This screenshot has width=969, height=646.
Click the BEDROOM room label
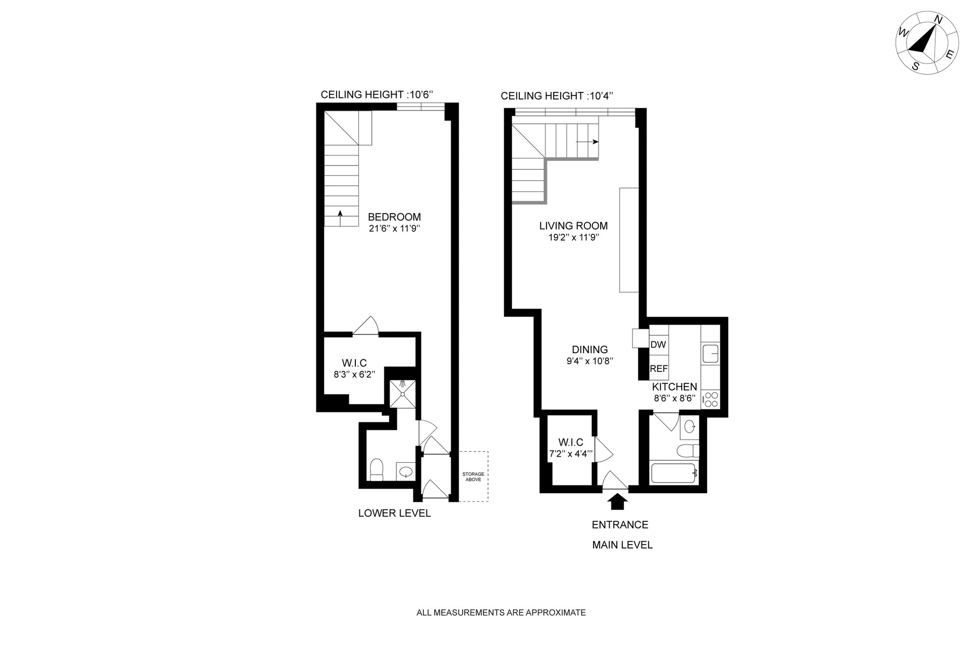coord(394,217)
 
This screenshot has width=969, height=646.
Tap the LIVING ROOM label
coord(573,226)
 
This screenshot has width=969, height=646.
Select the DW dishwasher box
coord(659,345)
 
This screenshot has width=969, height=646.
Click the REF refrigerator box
coord(659,368)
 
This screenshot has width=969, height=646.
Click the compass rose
coord(927,49)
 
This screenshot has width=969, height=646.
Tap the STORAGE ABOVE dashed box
coord(473,476)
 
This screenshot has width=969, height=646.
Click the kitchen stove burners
coord(712,400)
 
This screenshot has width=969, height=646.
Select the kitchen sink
coord(711,354)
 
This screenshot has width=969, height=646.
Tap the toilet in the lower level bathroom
coord(377,470)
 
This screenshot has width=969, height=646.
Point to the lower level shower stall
coord(402,393)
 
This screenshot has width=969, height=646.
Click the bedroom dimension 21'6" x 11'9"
coord(394,229)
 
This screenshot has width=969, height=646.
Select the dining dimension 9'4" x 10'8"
coord(589,361)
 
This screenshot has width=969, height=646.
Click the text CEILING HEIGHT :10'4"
coord(557,96)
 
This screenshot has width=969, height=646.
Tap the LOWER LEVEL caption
coord(395,513)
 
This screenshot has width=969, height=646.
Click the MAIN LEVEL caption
coord(622,545)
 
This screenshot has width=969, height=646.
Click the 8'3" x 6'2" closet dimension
coord(350,374)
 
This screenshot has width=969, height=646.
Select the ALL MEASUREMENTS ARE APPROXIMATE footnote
coord(501,613)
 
